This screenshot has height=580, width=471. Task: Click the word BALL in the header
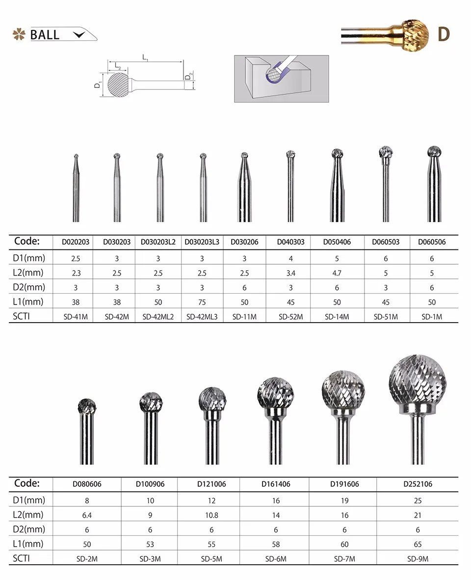point(45,35)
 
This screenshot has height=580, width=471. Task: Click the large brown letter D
point(444,34)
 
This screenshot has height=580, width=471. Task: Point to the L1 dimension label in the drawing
point(146,58)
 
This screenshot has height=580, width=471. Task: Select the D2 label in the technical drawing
point(189,77)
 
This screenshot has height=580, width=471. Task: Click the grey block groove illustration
point(281,79)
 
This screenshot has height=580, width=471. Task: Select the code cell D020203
point(75,242)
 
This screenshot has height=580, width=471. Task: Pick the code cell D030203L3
point(202,242)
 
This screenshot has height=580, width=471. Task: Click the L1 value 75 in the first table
point(202,302)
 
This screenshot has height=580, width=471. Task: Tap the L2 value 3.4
point(290,273)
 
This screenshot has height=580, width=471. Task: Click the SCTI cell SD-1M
point(432,317)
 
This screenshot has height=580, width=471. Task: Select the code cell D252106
point(418,484)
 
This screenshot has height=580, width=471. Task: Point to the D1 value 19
point(344,500)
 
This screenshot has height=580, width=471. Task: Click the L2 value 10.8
point(212,515)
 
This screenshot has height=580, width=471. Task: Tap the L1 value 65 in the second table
point(418,544)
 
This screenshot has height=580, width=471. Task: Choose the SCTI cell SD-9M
point(418,559)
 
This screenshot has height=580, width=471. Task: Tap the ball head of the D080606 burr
point(87,405)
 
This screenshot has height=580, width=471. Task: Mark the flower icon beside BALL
point(19,34)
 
